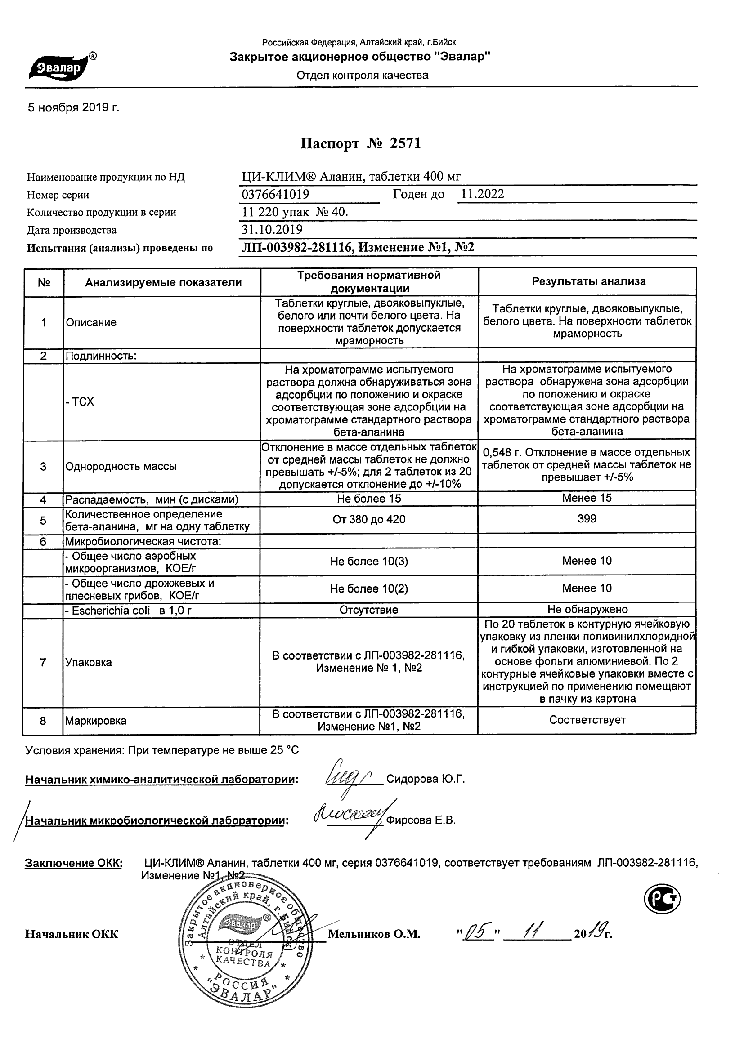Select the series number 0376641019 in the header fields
tap(275, 195)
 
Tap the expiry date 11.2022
tap(482, 194)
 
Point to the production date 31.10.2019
tap(272, 230)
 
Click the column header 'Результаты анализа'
tap(588, 281)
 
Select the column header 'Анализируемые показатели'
tap(163, 282)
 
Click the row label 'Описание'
tap(91, 322)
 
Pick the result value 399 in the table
tap(587, 519)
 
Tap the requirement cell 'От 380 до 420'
tap(369, 519)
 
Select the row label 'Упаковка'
tap(89, 663)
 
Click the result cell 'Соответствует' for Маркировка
tap(587, 720)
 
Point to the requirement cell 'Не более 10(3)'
tap(369, 561)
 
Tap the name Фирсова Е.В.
tap(421, 820)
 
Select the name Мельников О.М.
tap(374, 934)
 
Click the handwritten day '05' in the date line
tap(477, 932)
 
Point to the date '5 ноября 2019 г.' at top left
tap(73, 108)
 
